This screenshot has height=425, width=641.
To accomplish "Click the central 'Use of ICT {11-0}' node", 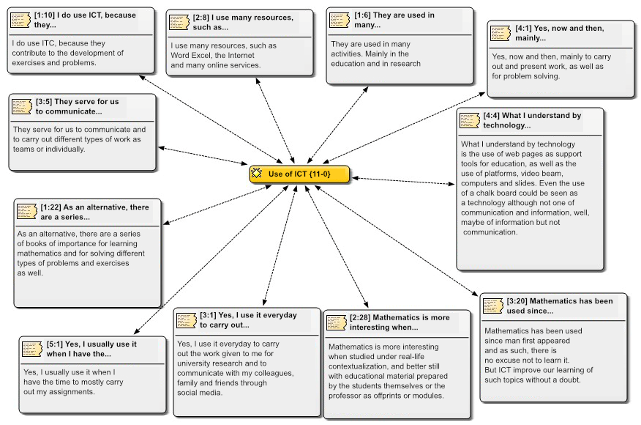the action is pyautogui.click(x=299, y=174).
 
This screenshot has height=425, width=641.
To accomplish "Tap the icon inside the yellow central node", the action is pyautogui.click(x=256, y=173).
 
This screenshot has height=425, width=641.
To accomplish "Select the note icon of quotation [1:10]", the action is pyautogui.click(x=20, y=20).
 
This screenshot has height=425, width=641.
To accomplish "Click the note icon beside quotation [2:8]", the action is pyautogui.click(x=179, y=23).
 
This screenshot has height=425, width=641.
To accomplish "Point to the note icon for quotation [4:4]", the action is pyautogui.click(x=470, y=120).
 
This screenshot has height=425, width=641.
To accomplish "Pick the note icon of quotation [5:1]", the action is pyautogui.click(x=32, y=349).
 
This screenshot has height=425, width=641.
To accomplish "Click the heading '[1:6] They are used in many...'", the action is pyautogui.click(x=394, y=20).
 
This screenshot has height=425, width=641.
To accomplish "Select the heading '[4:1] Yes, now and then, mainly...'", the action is pyautogui.click(x=559, y=33).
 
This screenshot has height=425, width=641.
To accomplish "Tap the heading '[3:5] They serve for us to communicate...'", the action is pyautogui.click(x=78, y=106).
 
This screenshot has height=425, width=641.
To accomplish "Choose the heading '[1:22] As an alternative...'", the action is pyautogui.click(x=94, y=212).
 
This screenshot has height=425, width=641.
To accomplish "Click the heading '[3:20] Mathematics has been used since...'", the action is pyautogui.click(x=560, y=306).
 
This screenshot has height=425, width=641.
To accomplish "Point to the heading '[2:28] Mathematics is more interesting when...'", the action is pyautogui.click(x=400, y=322).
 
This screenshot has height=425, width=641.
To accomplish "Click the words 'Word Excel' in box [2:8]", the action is pyautogui.click(x=190, y=55).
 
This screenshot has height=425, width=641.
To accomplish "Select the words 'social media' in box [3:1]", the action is pyautogui.click(x=200, y=393).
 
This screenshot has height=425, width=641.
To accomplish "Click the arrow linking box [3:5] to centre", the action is pyautogui.click(x=203, y=155).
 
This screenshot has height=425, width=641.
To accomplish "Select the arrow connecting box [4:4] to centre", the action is pyautogui.click(x=403, y=181).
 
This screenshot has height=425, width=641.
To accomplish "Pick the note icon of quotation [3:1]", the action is pyautogui.click(x=187, y=320).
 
